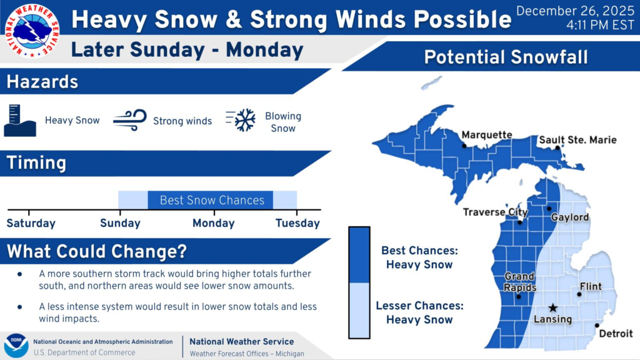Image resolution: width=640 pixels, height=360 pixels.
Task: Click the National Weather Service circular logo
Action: pyautogui.click(x=32, y=31)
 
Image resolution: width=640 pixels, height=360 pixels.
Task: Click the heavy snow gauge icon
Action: pyautogui.click(x=19, y=121)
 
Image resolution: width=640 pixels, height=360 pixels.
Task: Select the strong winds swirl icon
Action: pyautogui.click(x=130, y=120)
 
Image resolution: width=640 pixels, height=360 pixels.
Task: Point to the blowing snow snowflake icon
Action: pyautogui.click(x=241, y=120)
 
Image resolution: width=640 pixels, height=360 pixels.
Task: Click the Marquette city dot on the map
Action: pyautogui.click(x=464, y=146)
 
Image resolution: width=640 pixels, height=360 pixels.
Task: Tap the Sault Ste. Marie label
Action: pyautogui.click(x=577, y=140)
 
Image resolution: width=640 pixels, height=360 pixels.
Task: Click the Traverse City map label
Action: pyautogui.click(x=495, y=212)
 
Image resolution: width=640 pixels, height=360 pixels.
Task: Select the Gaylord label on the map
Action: pyautogui.click(x=570, y=217)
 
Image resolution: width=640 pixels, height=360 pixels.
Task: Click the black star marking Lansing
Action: pyautogui.click(x=552, y=307)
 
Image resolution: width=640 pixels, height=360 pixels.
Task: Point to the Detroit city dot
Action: pyautogui.click(x=597, y=325)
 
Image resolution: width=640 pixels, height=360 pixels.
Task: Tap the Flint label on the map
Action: pyautogui.click(x=591, y=286)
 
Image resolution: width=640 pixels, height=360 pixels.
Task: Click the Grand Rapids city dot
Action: pyautogui.click(x=518, y=297)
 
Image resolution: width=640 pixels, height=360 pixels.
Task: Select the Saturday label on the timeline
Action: pyautogui.click(x=31, y=223)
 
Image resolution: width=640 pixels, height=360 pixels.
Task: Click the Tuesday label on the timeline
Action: pyautogui.click(x=297, y=223)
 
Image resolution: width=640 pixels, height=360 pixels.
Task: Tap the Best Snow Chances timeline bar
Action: pyautogui.click(x=210, y=200)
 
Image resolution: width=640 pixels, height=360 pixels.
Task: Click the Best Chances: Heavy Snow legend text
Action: pyautogui.click(x=419, y=257)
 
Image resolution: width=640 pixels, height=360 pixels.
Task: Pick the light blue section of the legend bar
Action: pyautogui.click(x=359, y=310)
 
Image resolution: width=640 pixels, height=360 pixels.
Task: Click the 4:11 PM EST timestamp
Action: pyautogui.click(x=600, y=25)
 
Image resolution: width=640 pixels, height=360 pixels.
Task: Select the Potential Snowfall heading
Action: pyautogui.click(x=506, y=57)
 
